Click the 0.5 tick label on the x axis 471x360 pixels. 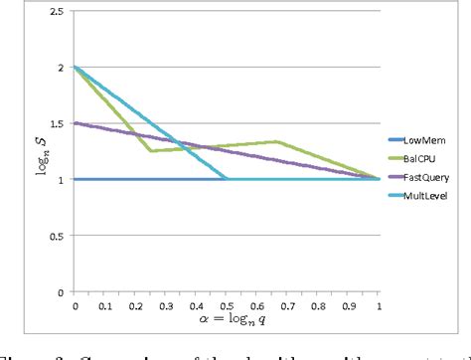click(228, 304)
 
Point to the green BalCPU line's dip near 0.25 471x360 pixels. click(151, 151)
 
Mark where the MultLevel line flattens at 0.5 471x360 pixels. click(228, 180)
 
